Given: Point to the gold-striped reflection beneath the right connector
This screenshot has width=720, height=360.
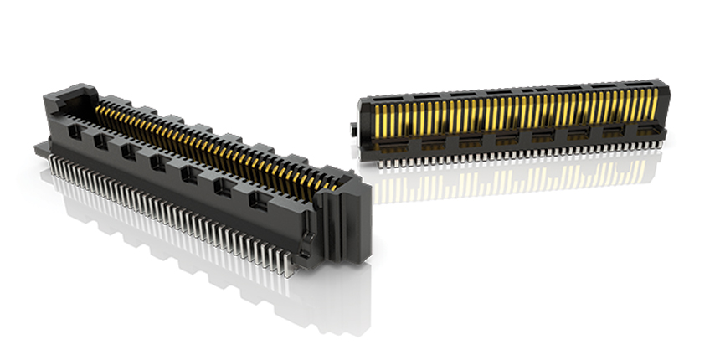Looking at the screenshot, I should [x=502, y=180].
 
